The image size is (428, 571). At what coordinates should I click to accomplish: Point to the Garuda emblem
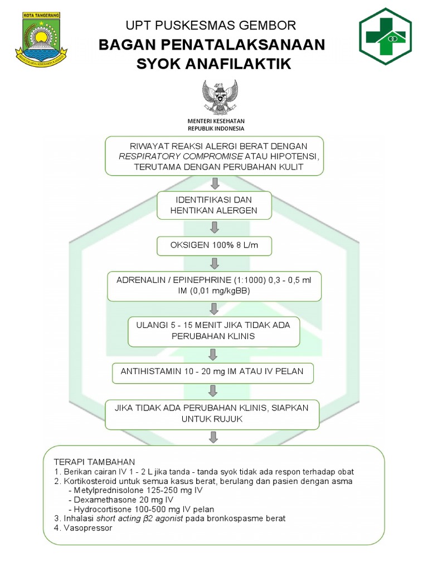point(220,98)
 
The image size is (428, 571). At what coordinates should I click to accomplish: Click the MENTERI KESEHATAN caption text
point(216,120)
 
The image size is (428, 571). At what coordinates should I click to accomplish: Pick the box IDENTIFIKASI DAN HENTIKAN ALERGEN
point(214,205)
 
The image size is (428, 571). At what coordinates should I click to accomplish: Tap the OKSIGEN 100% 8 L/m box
point(214,245)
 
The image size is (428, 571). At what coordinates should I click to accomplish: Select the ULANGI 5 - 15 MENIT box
point(214,331)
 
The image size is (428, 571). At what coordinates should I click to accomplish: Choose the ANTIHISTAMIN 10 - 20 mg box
point(213,372)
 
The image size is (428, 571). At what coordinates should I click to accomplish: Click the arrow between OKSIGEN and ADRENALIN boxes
point(214,265)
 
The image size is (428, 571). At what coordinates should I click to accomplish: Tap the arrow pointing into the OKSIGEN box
point(214,227)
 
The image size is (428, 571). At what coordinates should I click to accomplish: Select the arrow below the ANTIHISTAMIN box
point(214,392)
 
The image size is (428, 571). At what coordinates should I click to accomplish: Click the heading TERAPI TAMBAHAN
point(94,462)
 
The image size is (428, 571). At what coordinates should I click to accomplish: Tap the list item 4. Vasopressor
point(83,528)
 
